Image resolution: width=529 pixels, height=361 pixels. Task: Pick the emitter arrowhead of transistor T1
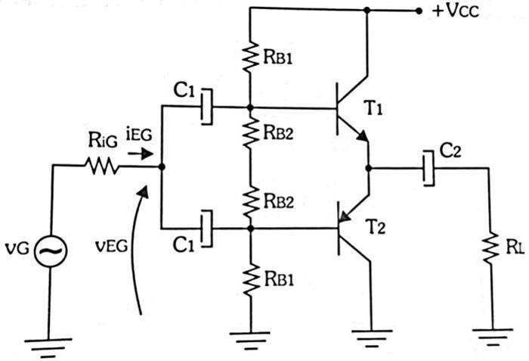coord(363,136)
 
